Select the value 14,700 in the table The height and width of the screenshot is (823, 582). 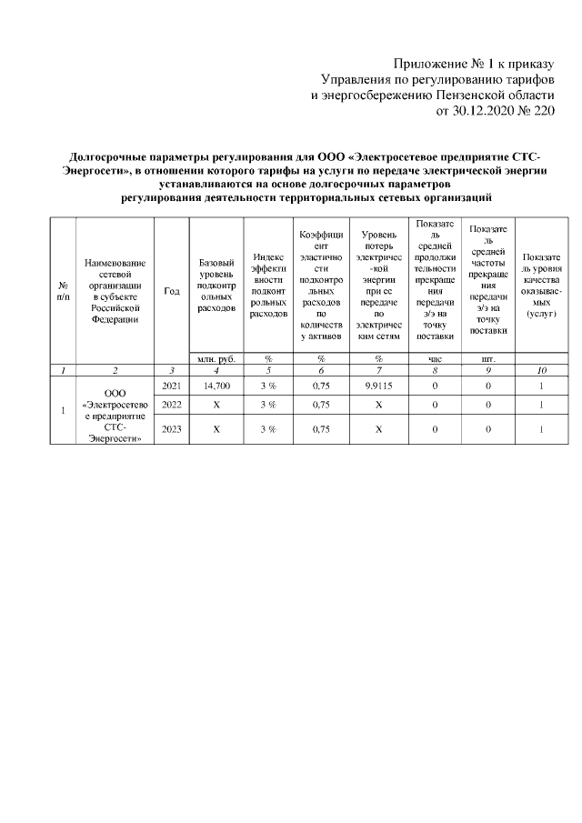[x=216, y=386]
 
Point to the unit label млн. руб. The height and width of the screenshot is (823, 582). [x=216, y=359]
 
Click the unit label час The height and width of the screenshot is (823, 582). [x=435, y=359]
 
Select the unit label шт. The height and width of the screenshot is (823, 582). [x=488, y=359]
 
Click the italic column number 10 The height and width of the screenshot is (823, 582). [x=541, y=370]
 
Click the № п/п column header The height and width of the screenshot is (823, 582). [x=63, y=290]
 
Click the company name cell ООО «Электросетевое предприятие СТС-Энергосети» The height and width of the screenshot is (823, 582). [x=115, y=415]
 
